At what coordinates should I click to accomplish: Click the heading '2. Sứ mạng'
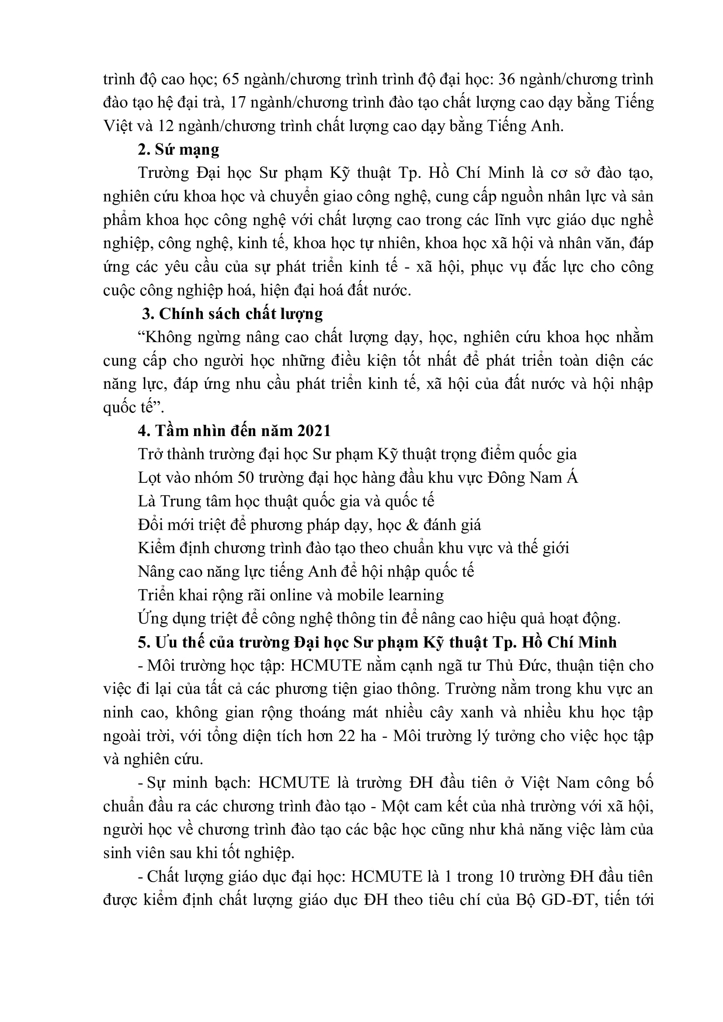coord(178,149)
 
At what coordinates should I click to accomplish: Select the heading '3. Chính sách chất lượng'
coord(233,314)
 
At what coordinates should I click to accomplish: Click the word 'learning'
coord(416,596)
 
